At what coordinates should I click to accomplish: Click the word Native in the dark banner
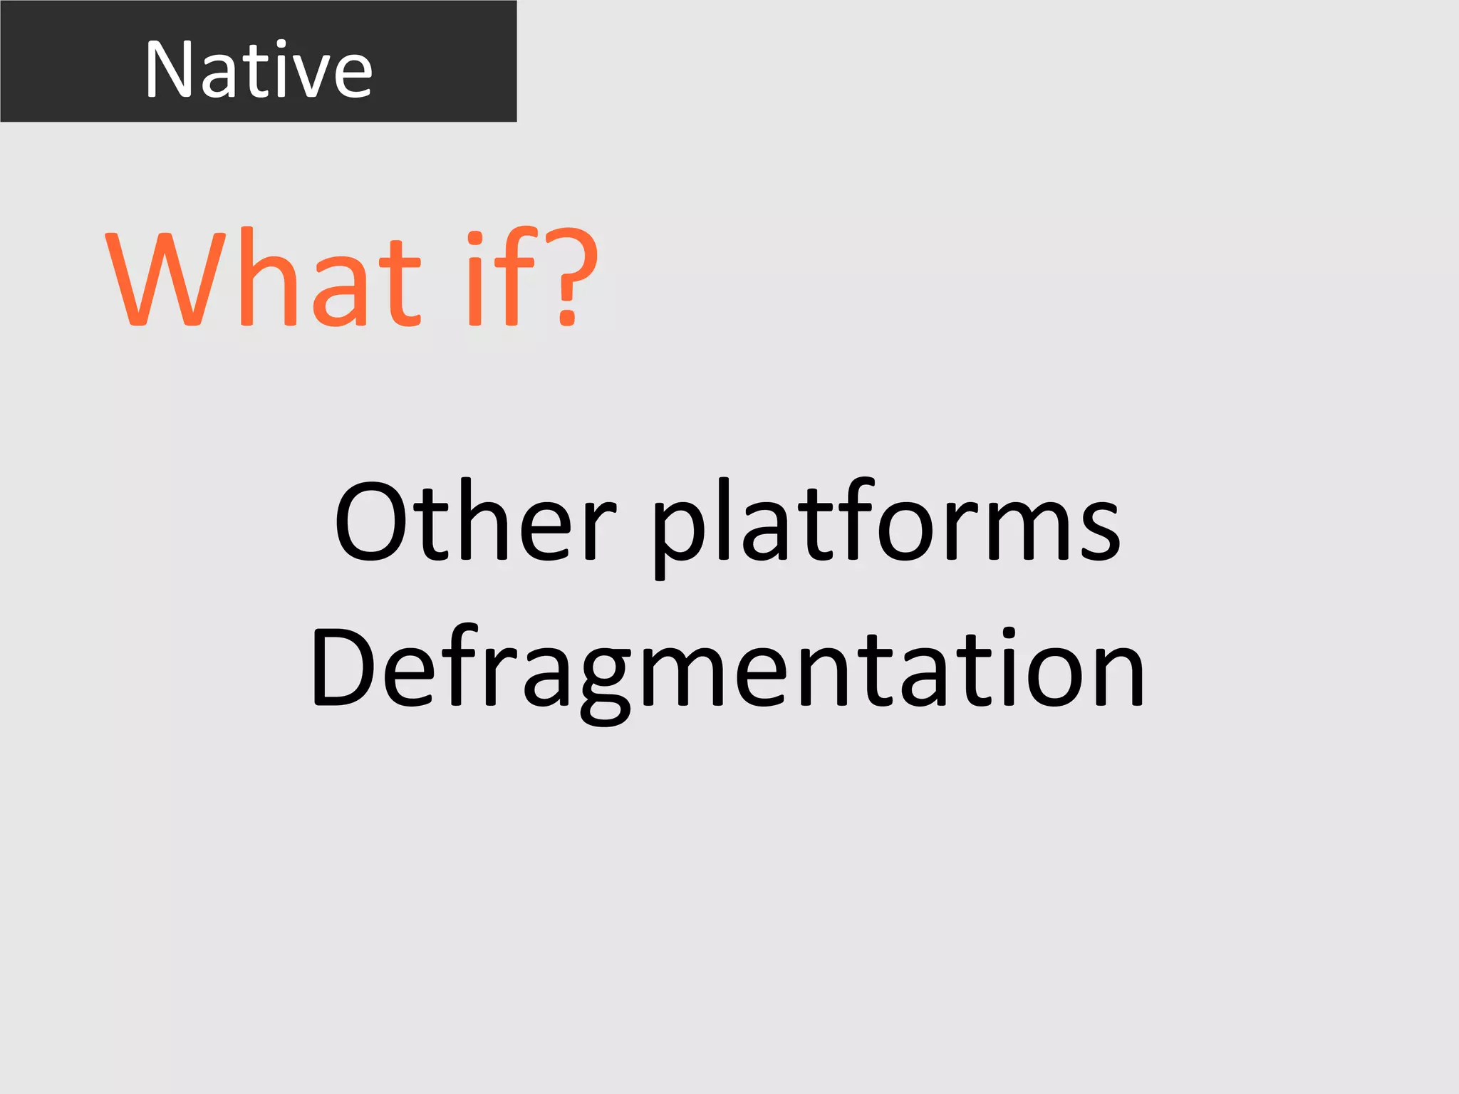(259, 69)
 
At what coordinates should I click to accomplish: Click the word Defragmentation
(727, 670)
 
